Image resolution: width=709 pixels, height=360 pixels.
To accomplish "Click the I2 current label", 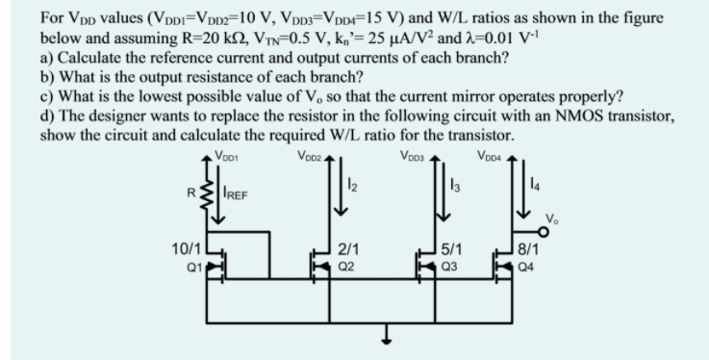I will tap(352, 186).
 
